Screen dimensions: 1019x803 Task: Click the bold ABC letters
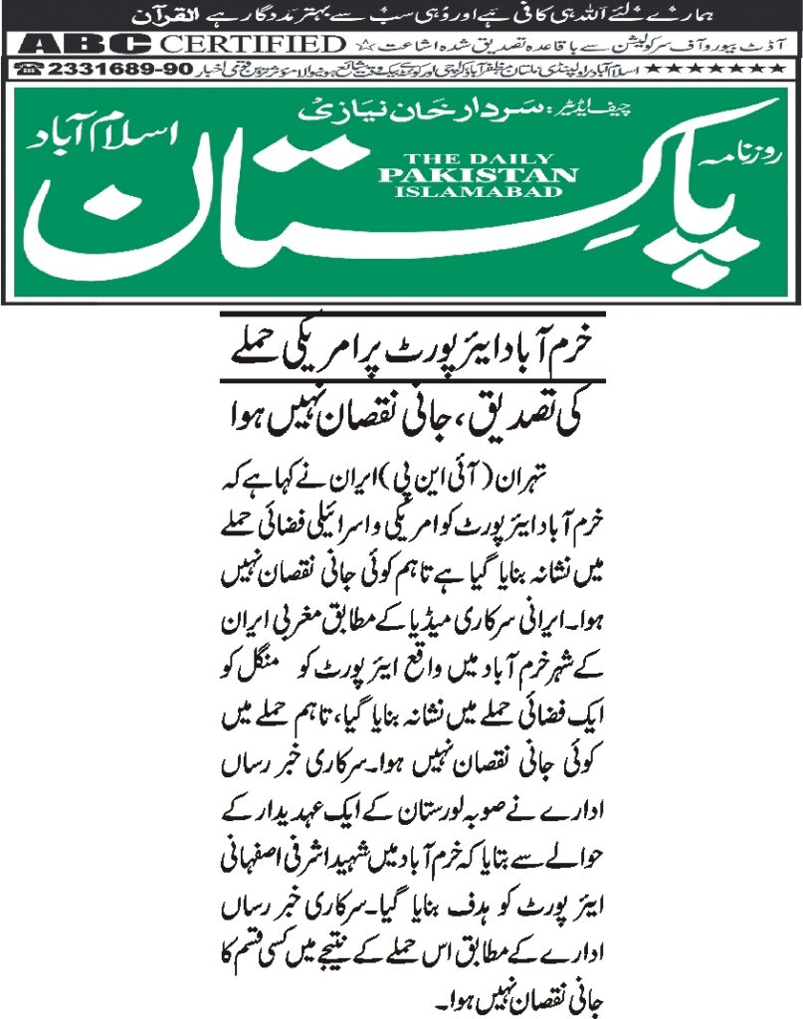[x=81, y=45]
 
